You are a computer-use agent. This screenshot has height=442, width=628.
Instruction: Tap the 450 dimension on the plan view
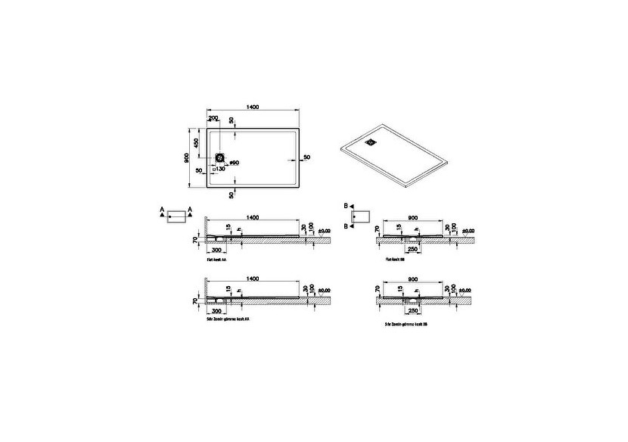point(197,143)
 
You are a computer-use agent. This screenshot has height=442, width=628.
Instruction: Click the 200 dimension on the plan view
point(213,119)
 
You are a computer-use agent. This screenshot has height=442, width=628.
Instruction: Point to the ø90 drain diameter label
point(234,163)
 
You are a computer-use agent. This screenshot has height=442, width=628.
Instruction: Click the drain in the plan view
point(222,157)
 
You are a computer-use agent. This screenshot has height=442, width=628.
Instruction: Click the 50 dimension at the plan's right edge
point(306,157)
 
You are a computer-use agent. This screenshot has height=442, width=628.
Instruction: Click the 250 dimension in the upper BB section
point(414,249)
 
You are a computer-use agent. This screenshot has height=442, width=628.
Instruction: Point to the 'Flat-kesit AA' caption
point(218,259)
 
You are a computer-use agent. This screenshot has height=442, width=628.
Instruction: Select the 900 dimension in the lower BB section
point(414,279)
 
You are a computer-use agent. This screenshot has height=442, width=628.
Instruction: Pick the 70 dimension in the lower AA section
point(194,301)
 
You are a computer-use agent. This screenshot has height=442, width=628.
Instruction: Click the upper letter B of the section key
point(345,206)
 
